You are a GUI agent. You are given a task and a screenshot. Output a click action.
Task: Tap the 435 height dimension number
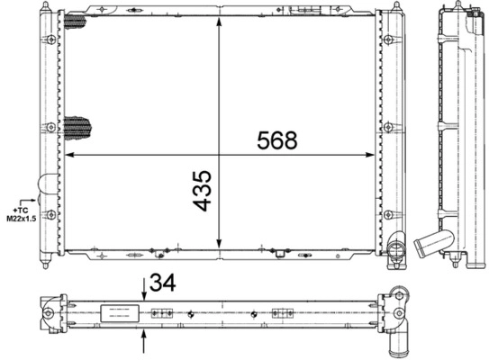point(203,191)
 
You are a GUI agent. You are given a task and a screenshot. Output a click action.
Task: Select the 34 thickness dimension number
point(163,285)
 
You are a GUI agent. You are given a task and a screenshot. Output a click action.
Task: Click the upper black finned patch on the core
point(77,26)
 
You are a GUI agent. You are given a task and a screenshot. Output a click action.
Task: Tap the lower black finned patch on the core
point(77,128)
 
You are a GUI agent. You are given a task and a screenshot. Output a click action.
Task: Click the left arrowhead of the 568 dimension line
point(72,156)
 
